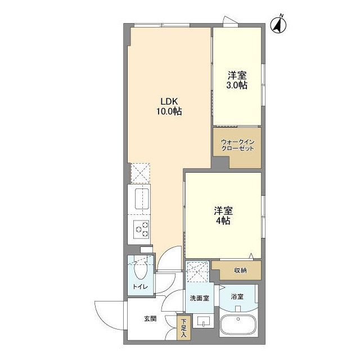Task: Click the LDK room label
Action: [x=169, y=101]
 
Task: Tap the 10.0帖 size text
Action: [x=169, y=111]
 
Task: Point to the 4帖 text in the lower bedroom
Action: [x=223, y=221]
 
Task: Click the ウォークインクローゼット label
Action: [x=237, y=145]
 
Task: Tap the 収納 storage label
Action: [x=240, y=271]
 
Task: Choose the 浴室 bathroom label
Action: [x=237, y=295]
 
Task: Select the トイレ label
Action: [x=139, y=287]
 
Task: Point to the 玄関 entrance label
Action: [x=150, y=319]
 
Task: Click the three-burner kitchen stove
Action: [x=141, y=229]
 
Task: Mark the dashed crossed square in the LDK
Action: [x=139, y=173]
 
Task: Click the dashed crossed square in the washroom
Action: [x=198, y=273]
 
